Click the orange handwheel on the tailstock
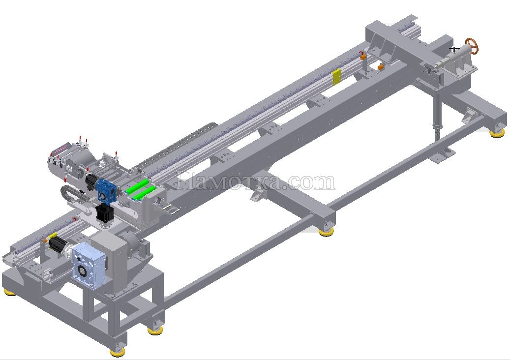[x=472, y=46]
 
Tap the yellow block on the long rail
[x=336, y=77]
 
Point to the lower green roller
[x=143, y=193]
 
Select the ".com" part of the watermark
[x=310, y=182]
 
